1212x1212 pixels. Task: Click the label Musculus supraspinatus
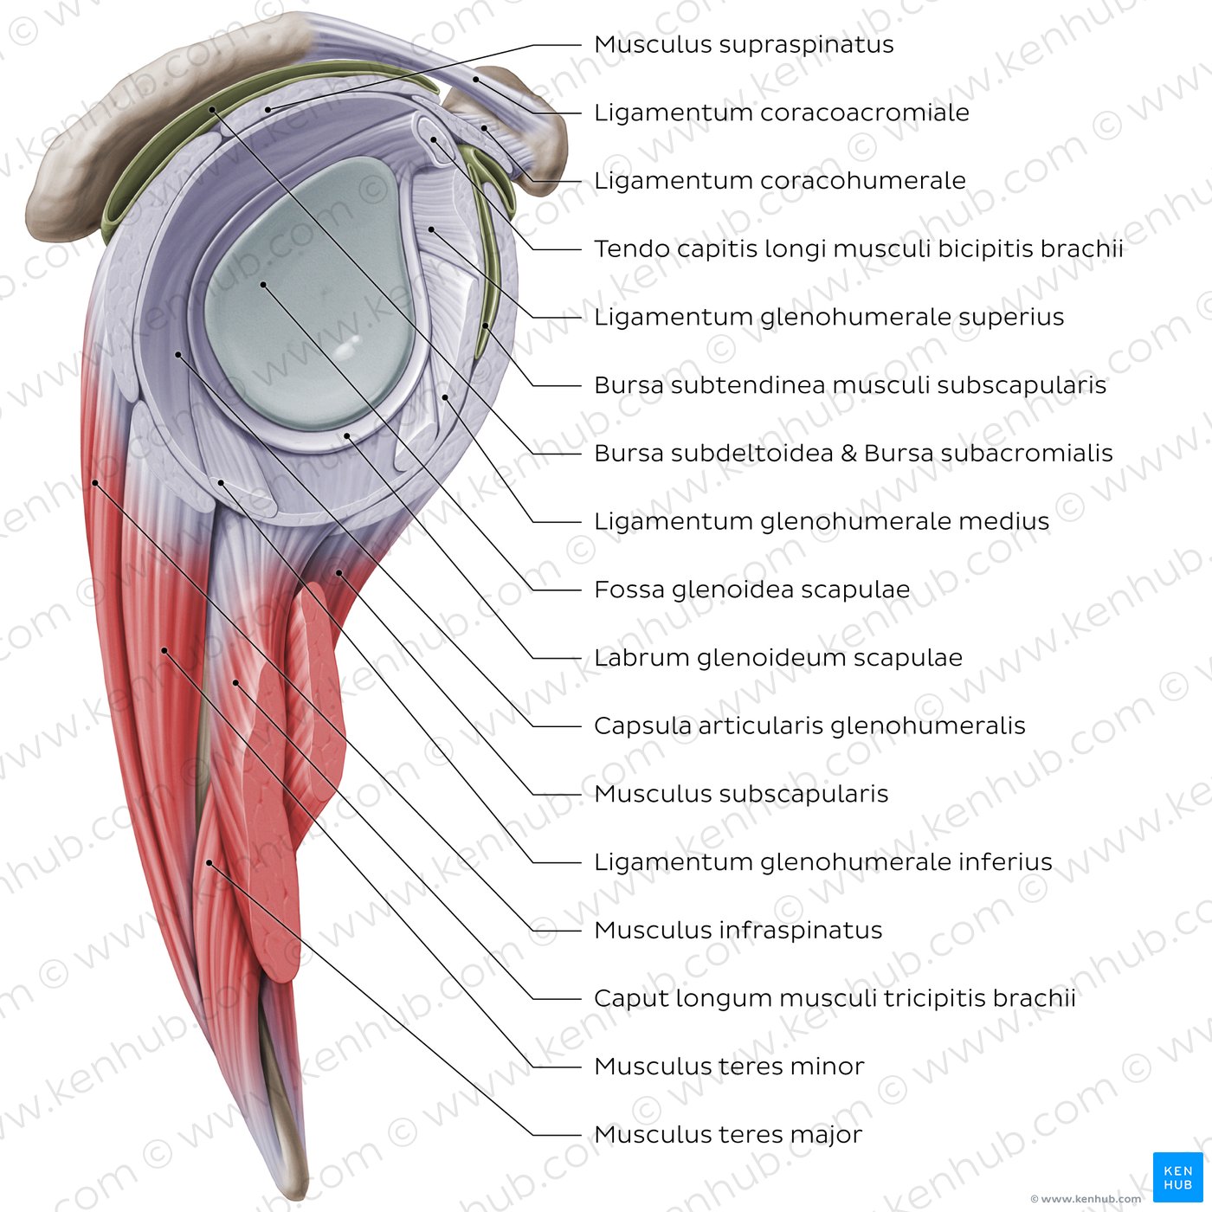pyautogui.click(x=744, y=44)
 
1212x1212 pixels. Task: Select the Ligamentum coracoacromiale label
pyautogui.click(x=781, y=113)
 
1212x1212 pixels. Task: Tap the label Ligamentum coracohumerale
pyautogui.click(x=779, y=181)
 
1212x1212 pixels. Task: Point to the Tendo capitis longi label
pyautogui.click(x=858, y=249)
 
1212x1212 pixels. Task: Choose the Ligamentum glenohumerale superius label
pyautogui.click(x=828, y=317)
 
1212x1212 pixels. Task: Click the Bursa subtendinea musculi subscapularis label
pyautogui.click(x=849, y=385)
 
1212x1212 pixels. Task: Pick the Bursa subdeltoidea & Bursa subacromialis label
pyautogui.click(x=853, y=454)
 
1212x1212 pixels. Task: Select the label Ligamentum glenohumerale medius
pyautogui.click(x=821, y=522)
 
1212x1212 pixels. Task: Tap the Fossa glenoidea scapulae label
pyautogui.click(x=751, y=590)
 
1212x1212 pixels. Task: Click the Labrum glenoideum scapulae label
pyautogui.click(x=777, y=658)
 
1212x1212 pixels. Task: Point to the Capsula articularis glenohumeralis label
pyautogui.click(x=809, y=726)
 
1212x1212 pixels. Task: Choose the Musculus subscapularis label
pyautogui.click(x=741, y=794)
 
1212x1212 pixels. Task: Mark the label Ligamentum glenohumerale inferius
pyautogui.click(x=822, y=862)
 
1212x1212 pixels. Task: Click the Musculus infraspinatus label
pyautogui.click(x=738, y=931)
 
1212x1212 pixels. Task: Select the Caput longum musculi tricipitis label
pyautogui.click(x=835, y=999)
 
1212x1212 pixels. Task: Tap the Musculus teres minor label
pyautogui.click(x=729, y=1067)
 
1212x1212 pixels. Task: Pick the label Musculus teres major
pyautogui.click(x=728, y=1135)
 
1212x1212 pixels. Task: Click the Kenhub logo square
pyautogui.click(x=1177, y=1177)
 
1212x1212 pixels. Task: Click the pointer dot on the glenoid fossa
pyautogui.click(x=262, y=284)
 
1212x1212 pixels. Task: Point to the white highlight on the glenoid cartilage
pyautogui.click(x=347, y=348)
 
